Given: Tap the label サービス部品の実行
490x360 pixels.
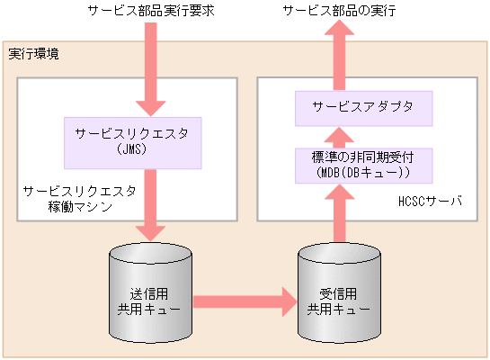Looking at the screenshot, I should (339, 12).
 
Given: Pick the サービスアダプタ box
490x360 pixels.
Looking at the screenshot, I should (364, 107).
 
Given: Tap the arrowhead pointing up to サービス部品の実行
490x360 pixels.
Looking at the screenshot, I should (339, 36).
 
